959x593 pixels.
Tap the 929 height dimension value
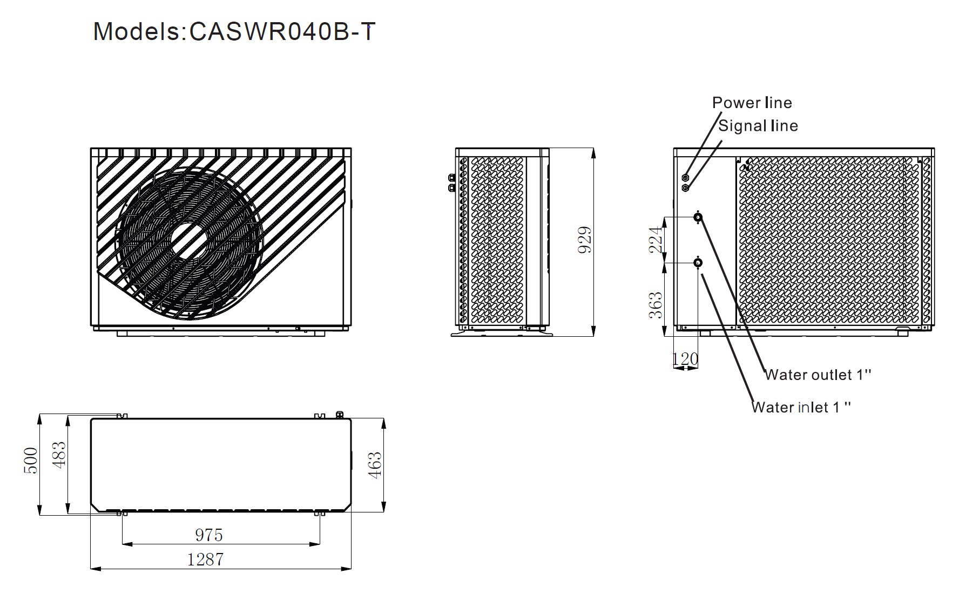coord(585,240)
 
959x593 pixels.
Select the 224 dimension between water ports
coord(655,240)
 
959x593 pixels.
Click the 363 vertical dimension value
coord(655,306)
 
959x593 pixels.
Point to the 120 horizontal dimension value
coord(685,358)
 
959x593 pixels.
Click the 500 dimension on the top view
coord(31,461)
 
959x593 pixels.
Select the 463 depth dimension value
coord(374,465)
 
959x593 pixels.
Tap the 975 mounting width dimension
coord(209,535)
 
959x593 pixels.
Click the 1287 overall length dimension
coord(206,559)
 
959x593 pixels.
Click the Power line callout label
coord(752,103)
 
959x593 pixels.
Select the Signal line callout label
coord(758,126)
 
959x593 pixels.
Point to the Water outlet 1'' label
coord(818,375)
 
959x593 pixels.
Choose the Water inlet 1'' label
coord(801,407)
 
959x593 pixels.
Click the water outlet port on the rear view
coord(698,217)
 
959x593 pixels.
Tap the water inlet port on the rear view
coord(698,263)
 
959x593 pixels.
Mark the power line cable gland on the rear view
coord(686,177)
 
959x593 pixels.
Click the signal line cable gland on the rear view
coord(686,188)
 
